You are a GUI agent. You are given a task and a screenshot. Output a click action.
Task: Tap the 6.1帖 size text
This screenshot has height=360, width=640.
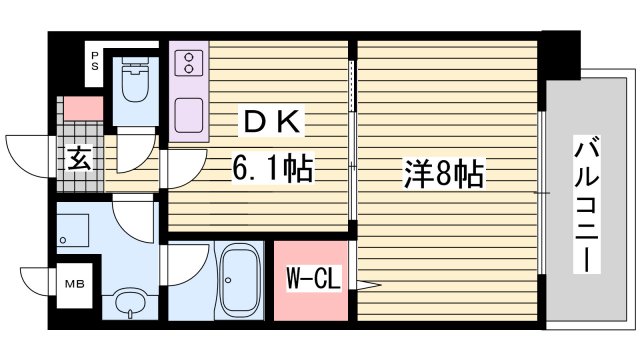click(x=272, y=166)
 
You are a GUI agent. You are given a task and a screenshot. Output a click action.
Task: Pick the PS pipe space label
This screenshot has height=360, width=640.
click(x=95, y=58)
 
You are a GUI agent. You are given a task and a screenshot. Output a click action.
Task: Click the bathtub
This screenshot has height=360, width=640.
click(x=239, y=279)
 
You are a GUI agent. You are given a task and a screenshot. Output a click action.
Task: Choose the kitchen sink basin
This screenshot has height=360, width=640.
click(x=189, y=117)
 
